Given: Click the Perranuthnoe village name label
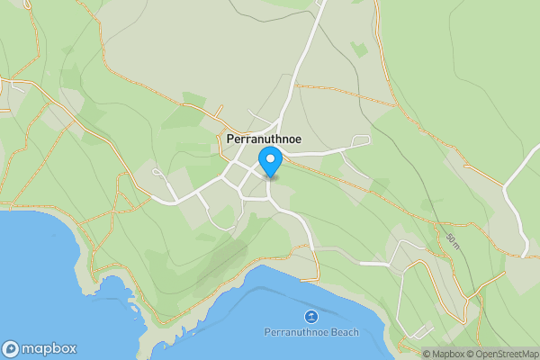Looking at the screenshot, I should tap(264, 140).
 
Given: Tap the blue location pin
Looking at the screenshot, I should tap(270, 161).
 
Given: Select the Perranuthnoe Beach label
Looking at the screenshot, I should tap(311, 332).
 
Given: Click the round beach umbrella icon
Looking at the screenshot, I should tap(311, 316).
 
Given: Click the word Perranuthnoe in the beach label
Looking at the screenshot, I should tap(295, 332).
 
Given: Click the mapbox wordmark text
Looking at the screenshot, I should tap(49, 349).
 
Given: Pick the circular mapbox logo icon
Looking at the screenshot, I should tap(11, 349).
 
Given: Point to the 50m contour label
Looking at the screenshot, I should tap(452, 239).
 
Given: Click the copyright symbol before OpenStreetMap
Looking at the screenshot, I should tap(469, 355).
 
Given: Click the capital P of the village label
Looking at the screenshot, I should tap(231, 140).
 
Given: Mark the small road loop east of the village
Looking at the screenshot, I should tap(361, 140).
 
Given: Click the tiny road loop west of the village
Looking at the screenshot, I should tap(157, 172).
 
